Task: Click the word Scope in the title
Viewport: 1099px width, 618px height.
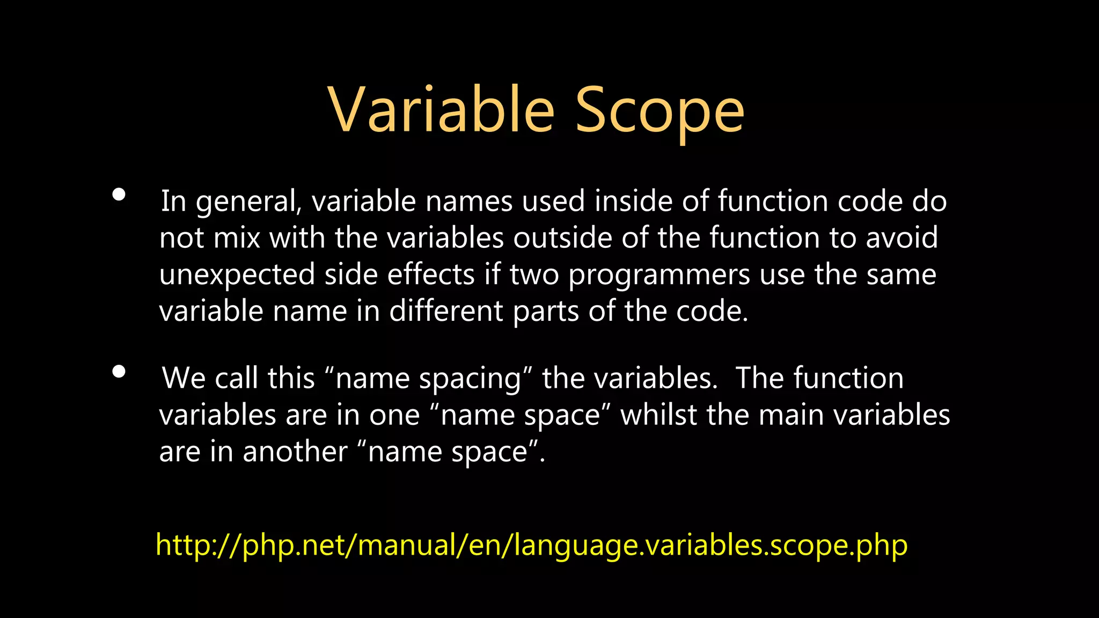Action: [x=660, y=112]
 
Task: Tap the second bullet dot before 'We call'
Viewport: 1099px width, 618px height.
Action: [x=119, y=371]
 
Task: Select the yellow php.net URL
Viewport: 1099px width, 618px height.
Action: [x=531, y=545]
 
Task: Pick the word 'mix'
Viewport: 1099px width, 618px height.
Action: [x=237, y=238]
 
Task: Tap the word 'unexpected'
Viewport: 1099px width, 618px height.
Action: [x=237, y=275]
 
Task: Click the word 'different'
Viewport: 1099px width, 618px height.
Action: [x=446, y=311]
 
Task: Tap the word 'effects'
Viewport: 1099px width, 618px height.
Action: [x=431, y=275]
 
